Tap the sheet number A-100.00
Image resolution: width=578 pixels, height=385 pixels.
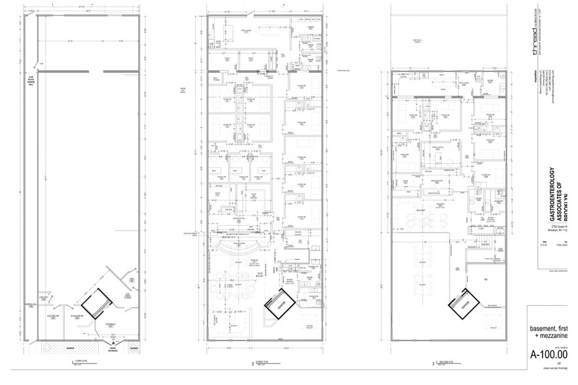pos(549,355)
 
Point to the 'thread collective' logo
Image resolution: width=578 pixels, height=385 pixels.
pos(537,29)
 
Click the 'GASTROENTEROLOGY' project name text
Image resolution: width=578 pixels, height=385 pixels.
pos(552,196)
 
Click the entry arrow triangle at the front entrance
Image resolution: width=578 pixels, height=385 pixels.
pos(113,342)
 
